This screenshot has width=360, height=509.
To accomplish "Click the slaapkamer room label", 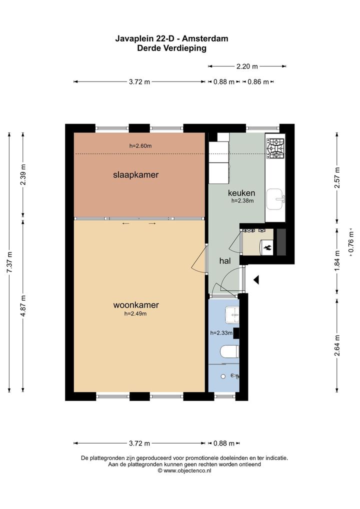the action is [x=135, y=175].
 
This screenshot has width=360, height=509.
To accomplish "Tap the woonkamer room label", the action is [x=135, y=305].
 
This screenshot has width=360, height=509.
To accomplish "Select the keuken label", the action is [x=241, y=193].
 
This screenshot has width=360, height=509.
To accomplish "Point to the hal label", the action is [x=225, y=260].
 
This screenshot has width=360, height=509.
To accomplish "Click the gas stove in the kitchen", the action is [x=275, y=148].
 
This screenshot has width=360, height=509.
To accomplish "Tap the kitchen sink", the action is [x=275, y=199].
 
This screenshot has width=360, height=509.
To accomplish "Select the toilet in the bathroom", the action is [x=230, y=351].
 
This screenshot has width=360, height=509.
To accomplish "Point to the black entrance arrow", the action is [x=256, y=279].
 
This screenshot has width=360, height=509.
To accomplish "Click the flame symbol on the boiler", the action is [x=267, y=248].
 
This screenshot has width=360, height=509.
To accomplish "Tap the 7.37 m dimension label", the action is [x=9, y=262].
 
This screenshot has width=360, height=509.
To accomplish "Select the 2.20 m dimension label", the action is [x=247, y=66].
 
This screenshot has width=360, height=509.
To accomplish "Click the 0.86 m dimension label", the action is [x=258, y=82].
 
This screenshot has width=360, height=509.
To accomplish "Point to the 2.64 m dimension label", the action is [x=337, y=345].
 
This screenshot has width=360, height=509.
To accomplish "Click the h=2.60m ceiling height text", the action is [x=140, y=146].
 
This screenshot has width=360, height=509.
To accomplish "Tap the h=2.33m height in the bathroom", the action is [x=221, y=332].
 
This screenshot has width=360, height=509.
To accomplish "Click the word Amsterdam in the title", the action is [x=205, y=38].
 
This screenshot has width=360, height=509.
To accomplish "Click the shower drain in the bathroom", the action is [x=223, y=376].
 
